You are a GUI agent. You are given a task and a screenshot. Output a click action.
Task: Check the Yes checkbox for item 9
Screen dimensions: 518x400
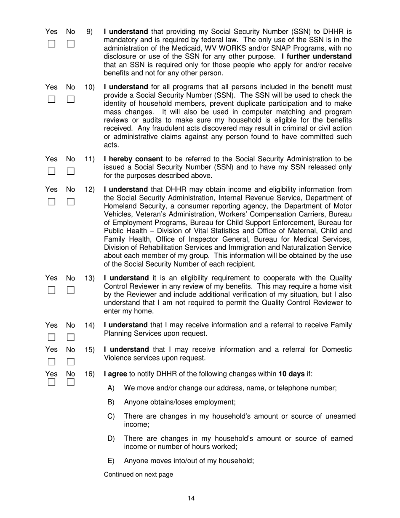coord(51,44)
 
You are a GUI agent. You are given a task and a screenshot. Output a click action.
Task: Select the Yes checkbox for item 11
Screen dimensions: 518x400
coord(51,171)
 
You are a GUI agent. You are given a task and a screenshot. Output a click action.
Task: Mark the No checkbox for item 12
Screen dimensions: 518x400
coord(71,201)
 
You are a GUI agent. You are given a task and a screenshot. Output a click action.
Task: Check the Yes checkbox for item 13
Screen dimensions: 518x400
coord(51,290)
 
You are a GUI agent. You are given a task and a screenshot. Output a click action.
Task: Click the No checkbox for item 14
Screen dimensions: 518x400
coord(71,337)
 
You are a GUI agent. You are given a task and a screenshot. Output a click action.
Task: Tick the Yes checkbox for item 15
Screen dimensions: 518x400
coord(51,362)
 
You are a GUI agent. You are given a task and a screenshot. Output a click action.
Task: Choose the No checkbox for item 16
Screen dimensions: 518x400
coord(71,382)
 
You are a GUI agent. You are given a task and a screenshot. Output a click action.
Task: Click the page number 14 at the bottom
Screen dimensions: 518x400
coord(191,499)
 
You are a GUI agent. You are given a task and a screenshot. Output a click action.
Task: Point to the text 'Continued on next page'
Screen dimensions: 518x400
coord(138,475)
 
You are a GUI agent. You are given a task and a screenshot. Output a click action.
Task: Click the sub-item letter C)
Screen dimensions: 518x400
coord(111,417)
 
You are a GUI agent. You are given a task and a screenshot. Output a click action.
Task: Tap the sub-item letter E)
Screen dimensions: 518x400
coord(111,461)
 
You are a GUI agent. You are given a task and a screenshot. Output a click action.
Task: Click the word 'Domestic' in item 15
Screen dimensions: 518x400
coord(337,350)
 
